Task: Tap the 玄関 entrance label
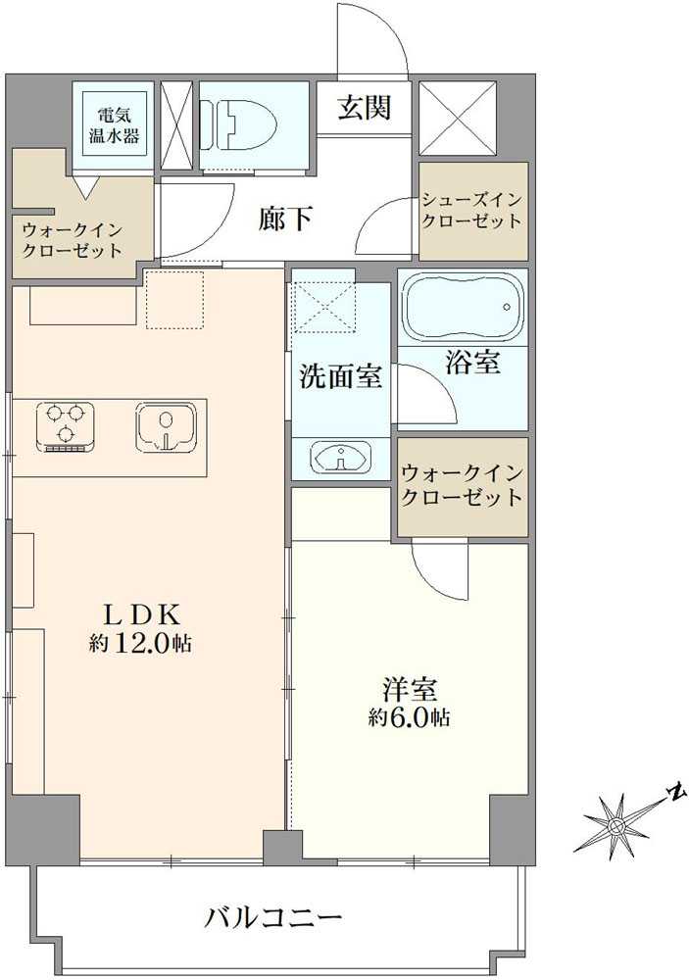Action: [364, 107]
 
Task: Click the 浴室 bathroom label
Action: [472, 364]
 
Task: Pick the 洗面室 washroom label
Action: [340, 375]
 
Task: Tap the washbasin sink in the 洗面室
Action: [339, 457]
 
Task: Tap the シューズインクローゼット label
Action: [472, 211]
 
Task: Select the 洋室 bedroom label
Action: [410, 688]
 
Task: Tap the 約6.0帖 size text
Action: [410, 717]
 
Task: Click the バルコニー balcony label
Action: [274, 918]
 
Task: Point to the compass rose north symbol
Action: [615, 826]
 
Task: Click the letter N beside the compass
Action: [674, 792]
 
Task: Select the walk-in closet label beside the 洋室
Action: [462, 485]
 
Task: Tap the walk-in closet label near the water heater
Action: [74, 240]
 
